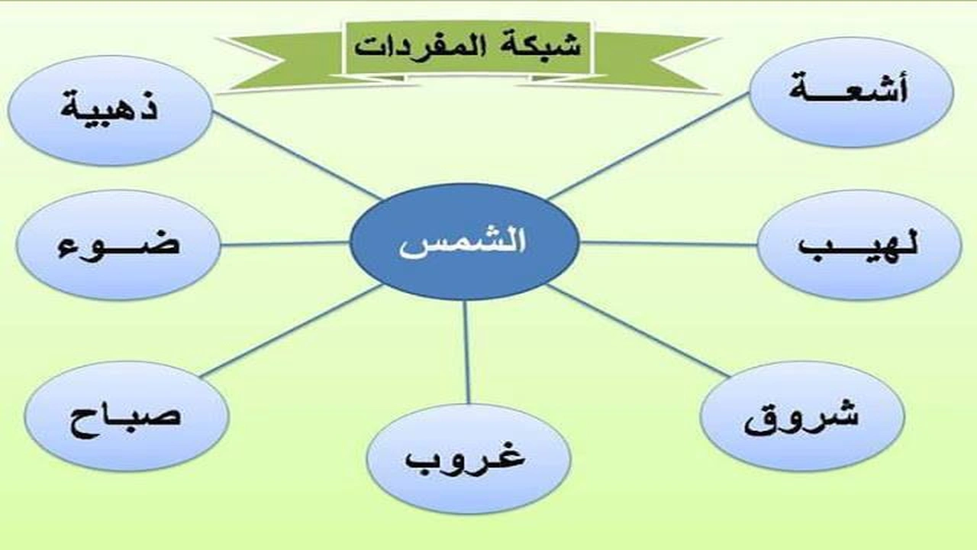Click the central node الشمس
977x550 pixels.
[464, 242]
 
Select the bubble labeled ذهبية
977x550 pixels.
[110, 110]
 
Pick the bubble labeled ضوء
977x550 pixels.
[118, 244]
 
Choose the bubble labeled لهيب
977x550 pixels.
[859, 244]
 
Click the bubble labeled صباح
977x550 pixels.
[127, 416]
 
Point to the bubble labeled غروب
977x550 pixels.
[468, 458]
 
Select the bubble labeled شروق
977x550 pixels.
[802, 416]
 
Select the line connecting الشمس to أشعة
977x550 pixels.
[649, 146]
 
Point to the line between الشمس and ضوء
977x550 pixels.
[286, 244]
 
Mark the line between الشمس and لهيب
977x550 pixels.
[668, 244]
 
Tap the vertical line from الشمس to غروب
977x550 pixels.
[466, 351]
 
